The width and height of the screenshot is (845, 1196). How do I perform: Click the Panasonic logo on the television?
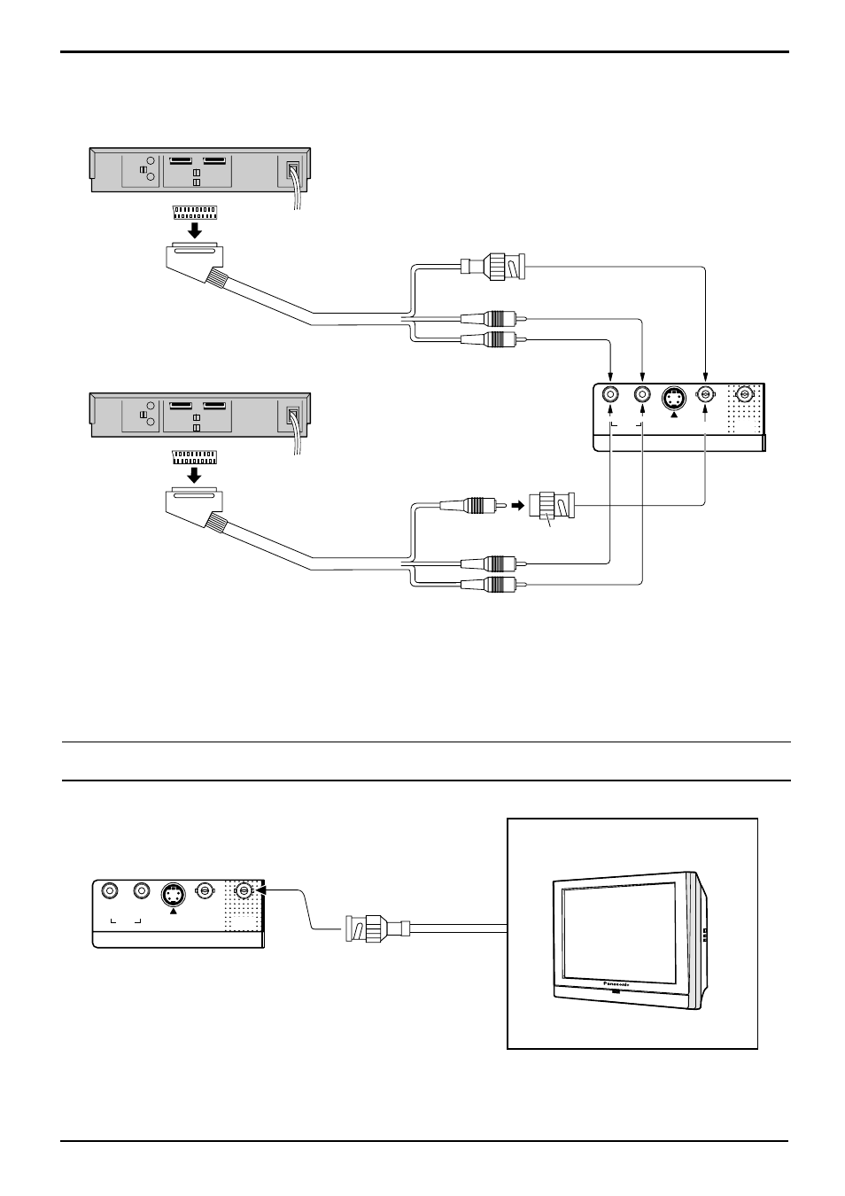617,983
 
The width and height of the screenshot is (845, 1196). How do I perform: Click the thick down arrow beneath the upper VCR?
196,230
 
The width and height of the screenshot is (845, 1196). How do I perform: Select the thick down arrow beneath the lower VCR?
196,475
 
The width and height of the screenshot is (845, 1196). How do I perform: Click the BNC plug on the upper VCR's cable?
492,266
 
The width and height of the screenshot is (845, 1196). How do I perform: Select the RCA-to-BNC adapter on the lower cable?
552,506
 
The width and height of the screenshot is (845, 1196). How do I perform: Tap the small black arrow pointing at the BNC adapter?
518,505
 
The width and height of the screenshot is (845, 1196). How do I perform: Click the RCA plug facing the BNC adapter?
473,505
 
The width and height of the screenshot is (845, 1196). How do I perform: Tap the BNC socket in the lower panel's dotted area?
244,890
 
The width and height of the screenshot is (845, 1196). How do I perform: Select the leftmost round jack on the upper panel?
610,395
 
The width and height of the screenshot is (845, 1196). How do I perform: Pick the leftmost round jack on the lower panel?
110,890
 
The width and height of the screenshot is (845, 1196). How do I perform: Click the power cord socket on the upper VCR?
293,171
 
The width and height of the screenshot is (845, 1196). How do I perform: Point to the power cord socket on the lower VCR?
293,417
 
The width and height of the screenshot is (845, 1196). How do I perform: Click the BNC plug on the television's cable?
377,928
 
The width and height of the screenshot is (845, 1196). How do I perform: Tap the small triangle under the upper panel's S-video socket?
674,415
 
